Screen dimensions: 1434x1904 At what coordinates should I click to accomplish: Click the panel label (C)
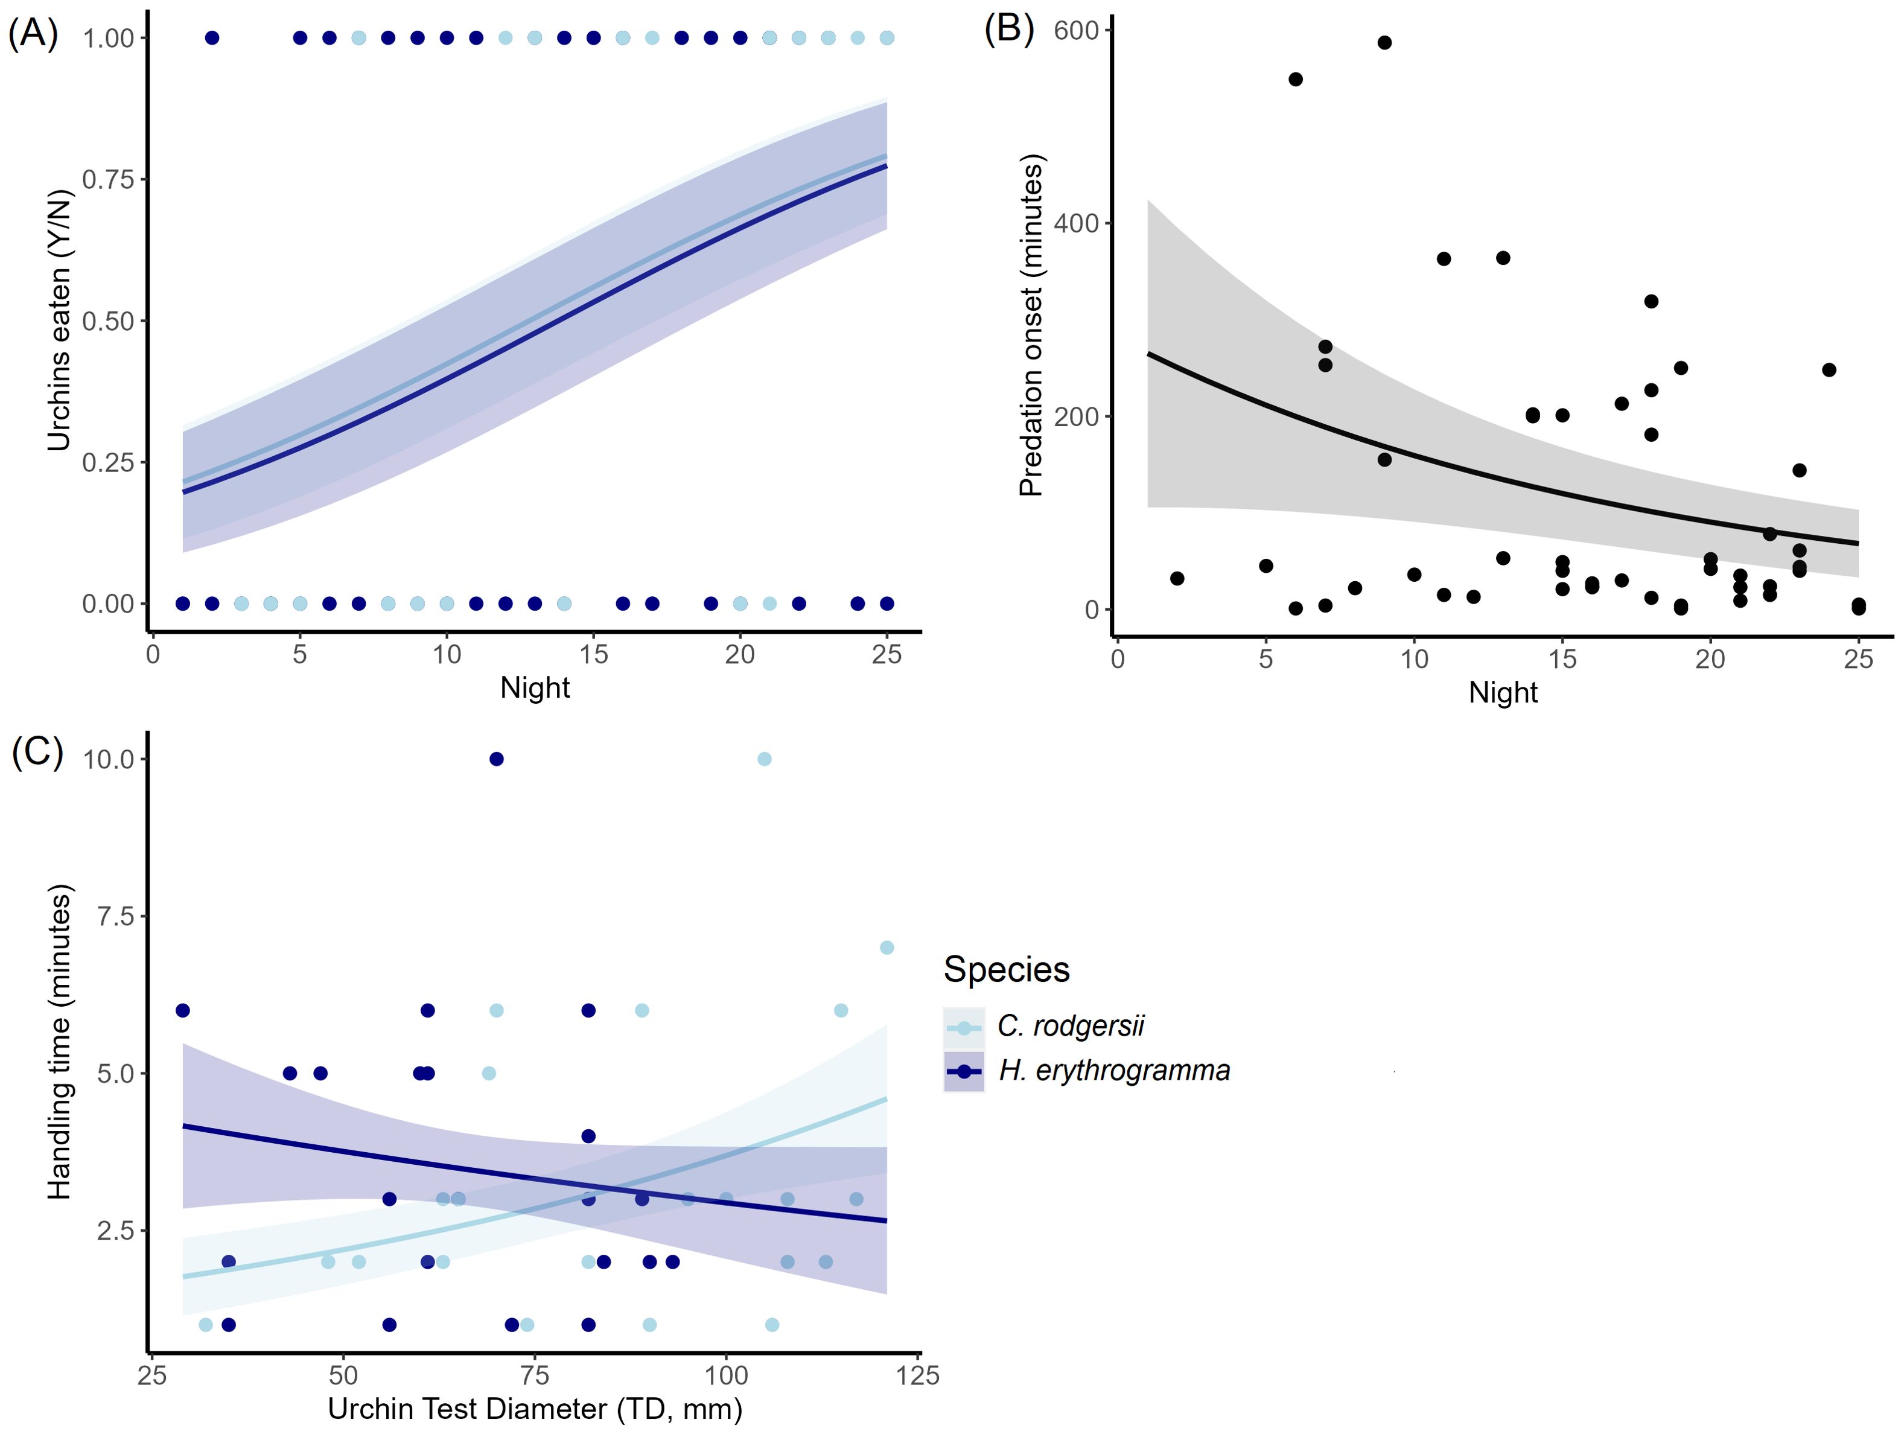[37, 751]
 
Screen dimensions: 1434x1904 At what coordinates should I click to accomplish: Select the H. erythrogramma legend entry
[1114, 1071]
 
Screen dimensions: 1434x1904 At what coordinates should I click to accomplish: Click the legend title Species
[1006, 969]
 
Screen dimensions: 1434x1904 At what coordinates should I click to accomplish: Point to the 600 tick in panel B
[1076, 30]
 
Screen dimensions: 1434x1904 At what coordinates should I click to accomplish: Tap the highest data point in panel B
[1384, 42]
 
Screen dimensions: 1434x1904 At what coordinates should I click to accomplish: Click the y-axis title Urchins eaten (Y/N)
[59, 320]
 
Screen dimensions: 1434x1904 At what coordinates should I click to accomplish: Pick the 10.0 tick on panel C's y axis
[109, 759]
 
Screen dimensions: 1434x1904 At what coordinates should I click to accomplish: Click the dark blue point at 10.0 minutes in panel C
[496, 758]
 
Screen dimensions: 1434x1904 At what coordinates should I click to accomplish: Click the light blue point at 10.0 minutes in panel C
[763, 758]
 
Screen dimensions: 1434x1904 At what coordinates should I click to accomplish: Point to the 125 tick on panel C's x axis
[917, 1375]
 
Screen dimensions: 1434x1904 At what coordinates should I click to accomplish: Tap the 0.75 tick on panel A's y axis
[109, 179]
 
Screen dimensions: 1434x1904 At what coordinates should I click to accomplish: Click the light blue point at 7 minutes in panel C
[887, 947]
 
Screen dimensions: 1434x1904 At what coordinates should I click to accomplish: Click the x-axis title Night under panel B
[1502, 692]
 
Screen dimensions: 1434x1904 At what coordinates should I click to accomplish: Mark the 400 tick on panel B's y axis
[1076, 223]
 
